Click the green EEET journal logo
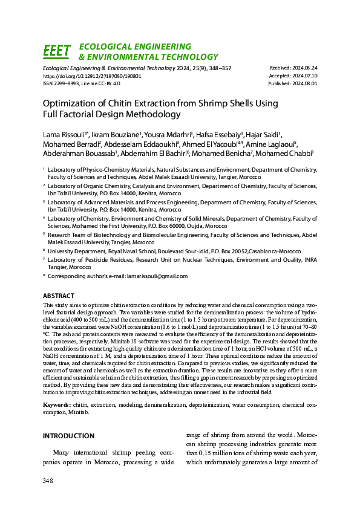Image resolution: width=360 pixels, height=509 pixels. pos(57,51)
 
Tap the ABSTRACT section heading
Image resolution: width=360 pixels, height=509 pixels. pos(59,296)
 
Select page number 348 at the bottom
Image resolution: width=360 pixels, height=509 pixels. pos(48,481)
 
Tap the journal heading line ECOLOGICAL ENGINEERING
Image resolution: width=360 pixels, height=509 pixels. pos(136,47)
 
